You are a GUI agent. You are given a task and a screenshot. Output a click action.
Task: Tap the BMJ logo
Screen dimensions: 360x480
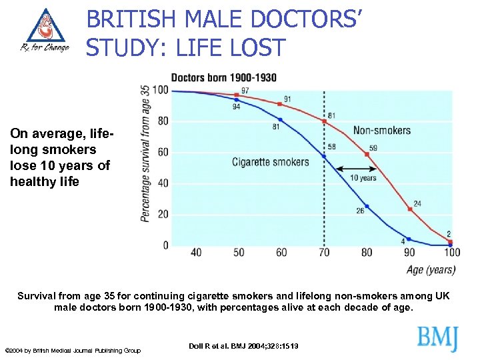438,338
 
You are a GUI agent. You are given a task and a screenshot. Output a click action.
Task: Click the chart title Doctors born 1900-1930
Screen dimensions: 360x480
223,77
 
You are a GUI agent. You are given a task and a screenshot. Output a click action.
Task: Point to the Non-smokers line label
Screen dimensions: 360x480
382,130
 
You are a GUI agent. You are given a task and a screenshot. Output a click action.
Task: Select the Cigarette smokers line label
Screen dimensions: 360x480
271,161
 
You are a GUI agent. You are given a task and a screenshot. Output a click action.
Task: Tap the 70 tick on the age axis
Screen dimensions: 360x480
324,253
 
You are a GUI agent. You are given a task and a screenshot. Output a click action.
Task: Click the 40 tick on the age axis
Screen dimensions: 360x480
196,253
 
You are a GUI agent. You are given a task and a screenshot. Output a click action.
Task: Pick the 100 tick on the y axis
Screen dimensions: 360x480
161,91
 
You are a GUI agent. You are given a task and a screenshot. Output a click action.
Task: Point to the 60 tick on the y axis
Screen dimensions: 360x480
163,153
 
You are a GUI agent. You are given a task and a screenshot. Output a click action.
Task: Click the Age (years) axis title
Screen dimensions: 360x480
431,270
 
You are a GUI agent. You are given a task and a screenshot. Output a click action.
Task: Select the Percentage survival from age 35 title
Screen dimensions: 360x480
145,153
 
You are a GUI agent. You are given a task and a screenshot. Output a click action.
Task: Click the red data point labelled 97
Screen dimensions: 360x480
236,95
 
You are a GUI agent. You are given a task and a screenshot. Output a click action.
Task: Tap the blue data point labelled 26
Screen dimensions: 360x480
367,205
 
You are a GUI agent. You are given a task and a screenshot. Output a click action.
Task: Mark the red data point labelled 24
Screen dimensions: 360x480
410,209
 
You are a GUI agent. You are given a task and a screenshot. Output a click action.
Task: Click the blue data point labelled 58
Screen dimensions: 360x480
324,156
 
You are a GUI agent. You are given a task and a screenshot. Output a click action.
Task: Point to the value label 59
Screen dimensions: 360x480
373,148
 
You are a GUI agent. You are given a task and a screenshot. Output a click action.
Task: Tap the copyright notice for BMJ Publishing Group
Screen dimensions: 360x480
73,351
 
